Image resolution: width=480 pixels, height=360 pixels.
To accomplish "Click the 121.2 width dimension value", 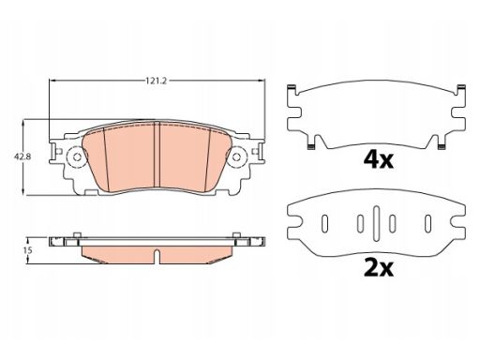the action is (x=157, y=81).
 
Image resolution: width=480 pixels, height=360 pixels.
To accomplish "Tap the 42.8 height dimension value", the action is (x=22, y=157).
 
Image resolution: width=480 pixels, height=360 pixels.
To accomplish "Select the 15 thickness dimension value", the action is (x=27, y=250).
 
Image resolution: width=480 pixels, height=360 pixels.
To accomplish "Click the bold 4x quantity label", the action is (x=378, y=159).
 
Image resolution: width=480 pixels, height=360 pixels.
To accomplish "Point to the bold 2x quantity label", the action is (x=379, y=268).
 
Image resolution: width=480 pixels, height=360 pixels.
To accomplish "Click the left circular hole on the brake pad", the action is (x=77, y=157).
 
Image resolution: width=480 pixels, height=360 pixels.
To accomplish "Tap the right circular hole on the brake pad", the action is (x=236, y=157).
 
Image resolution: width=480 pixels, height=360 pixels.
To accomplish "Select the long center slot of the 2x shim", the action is (x=376, y=223).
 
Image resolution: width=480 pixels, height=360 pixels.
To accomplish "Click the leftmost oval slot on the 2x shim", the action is (x=325, y=224).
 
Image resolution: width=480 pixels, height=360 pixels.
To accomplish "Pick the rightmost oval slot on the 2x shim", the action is (x=427, y=224).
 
